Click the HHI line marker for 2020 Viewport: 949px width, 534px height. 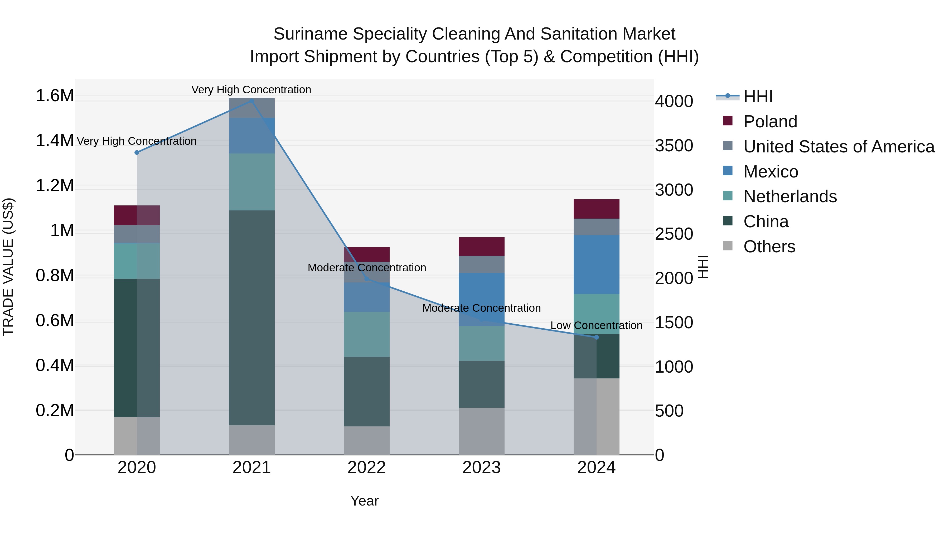coord(137,152)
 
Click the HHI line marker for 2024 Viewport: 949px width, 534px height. coord(597,337)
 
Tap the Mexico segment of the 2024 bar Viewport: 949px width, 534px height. coord(597,264)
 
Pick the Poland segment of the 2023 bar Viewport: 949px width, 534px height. coord(482,246)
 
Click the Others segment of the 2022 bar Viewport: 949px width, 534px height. coord(367,440)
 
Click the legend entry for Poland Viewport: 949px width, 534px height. coord(770,122)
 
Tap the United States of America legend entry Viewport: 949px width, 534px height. coord(839,147)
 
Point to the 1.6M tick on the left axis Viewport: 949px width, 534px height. coord(55,96)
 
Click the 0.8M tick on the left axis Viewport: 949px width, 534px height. coord(55,276)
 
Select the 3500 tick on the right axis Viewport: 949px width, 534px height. coord(674,146)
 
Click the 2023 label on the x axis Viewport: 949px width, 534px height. coord(482,468)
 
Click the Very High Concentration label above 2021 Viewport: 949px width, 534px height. coord(251,90)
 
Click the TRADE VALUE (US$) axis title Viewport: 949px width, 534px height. coord(8,267)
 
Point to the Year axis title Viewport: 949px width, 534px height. coord(364,501)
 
